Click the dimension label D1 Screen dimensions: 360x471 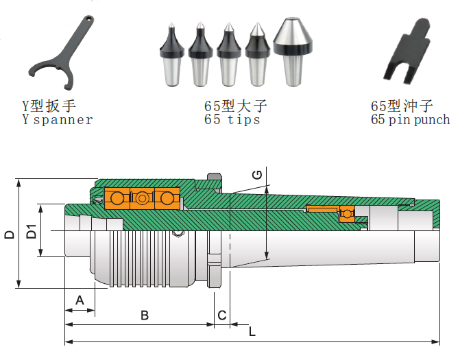[32, 232]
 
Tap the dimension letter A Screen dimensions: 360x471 [80, 300]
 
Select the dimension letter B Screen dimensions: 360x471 [145, 315]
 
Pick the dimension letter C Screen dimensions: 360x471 [221, 315]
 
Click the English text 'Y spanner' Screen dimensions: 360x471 [58, 120]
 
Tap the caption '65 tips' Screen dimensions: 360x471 [232, 120]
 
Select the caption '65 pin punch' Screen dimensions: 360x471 [410, 120]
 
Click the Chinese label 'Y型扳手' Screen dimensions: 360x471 [49, 106]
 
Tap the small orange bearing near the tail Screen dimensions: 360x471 [347, 214]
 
